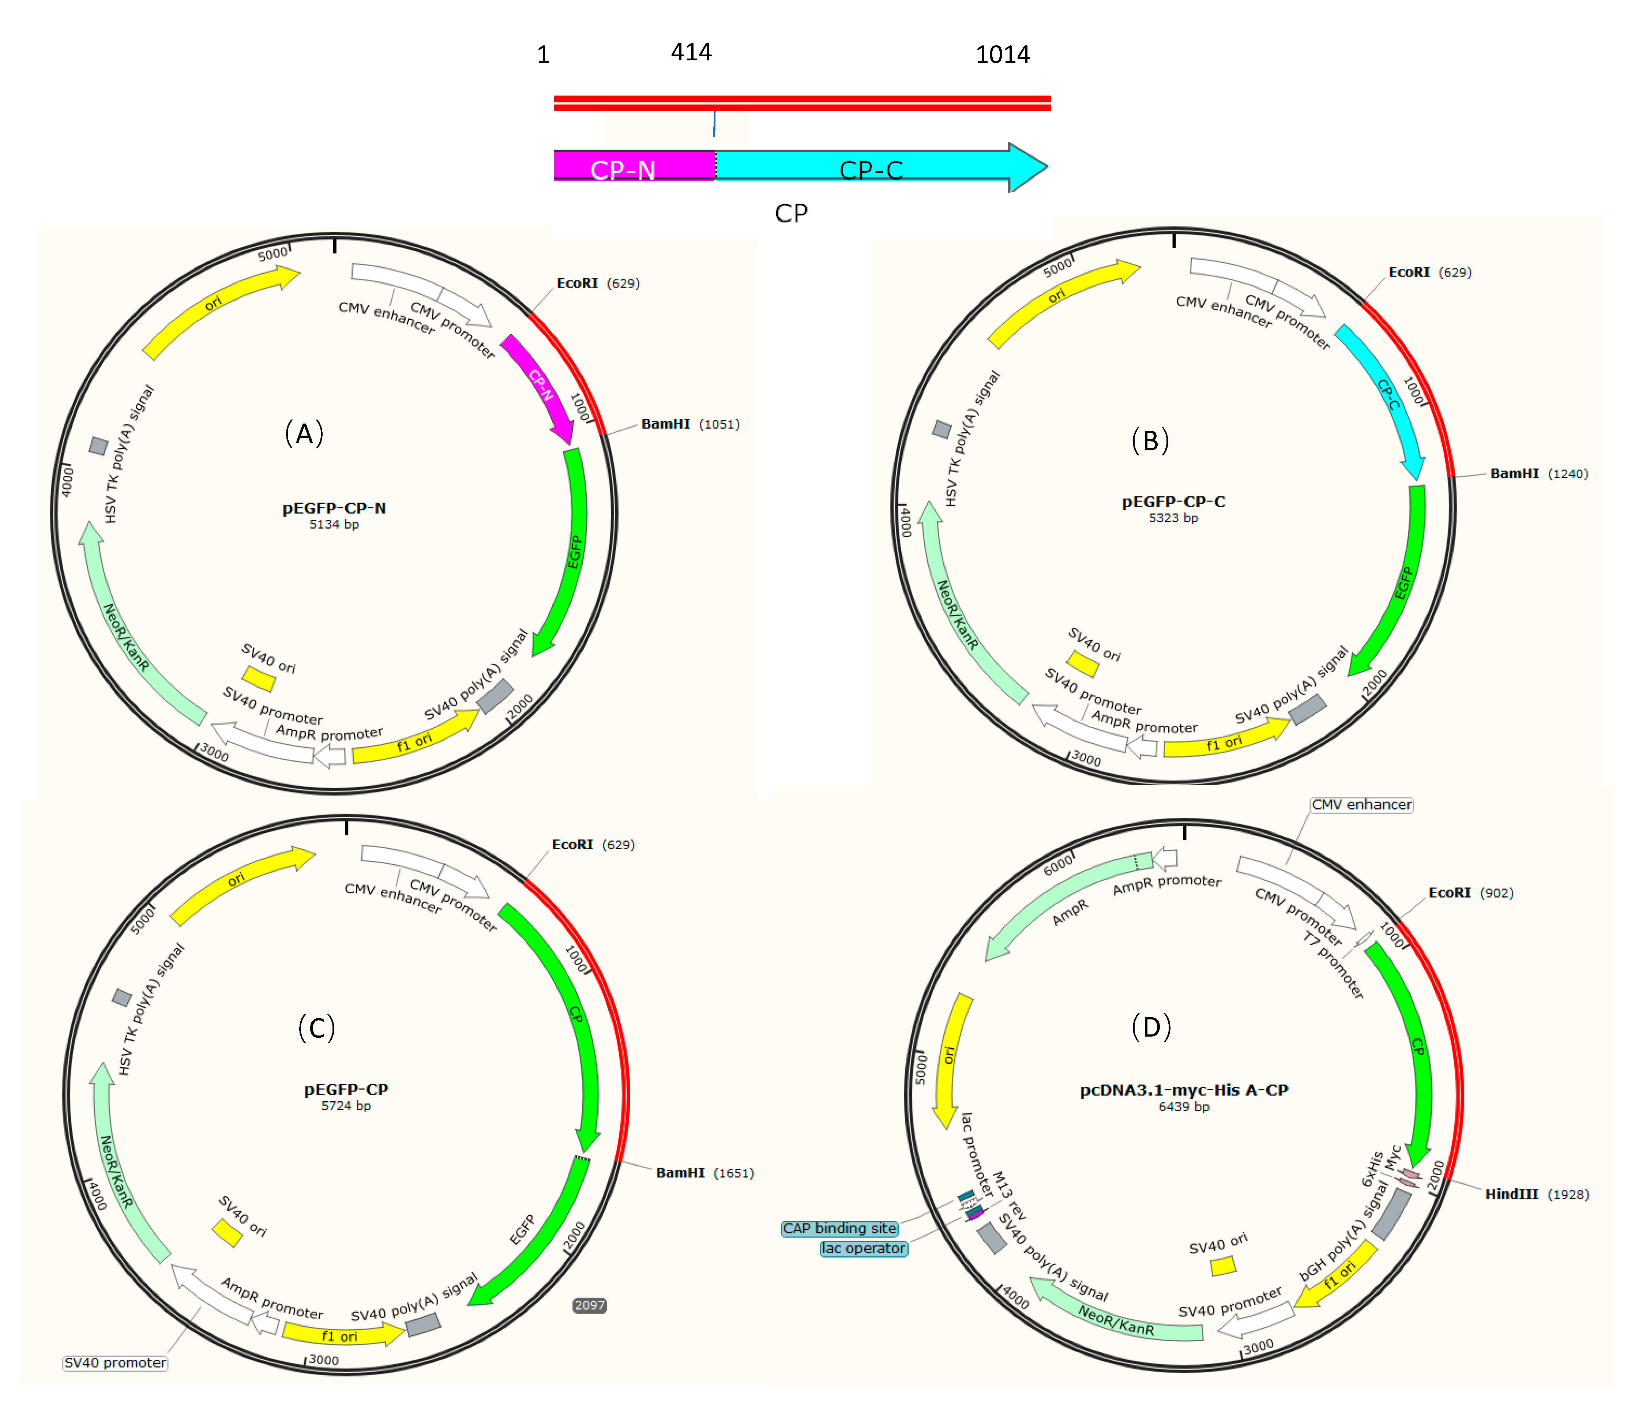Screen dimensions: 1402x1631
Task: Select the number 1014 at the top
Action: click(1002, 54)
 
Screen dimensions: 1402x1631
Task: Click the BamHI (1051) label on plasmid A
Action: click(689, 424)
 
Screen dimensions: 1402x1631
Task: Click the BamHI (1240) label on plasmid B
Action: click(1538, 474)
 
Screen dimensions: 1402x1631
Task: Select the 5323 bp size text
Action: click(1173, 518)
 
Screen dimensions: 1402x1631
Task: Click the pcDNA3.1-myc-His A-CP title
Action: click(1183, 1090)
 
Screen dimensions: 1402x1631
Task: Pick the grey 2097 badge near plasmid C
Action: click(590, 1305)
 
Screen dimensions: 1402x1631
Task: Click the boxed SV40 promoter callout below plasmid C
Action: click(115, 1362)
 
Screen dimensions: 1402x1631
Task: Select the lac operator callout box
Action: click(864, 1248)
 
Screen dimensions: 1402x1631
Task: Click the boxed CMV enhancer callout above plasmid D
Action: click(1361, 805)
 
